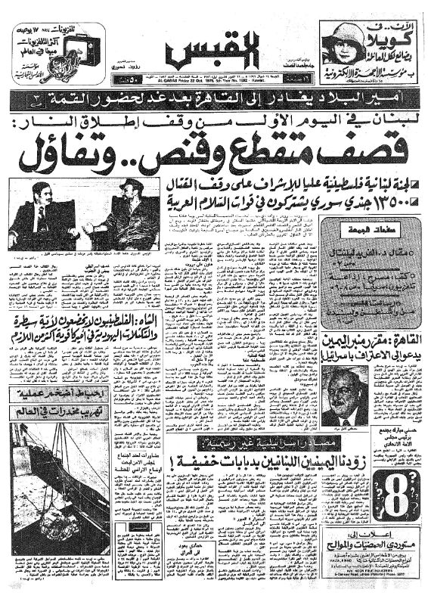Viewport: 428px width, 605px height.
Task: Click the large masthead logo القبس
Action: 214,51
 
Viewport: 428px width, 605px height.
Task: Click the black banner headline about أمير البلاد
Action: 214,98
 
